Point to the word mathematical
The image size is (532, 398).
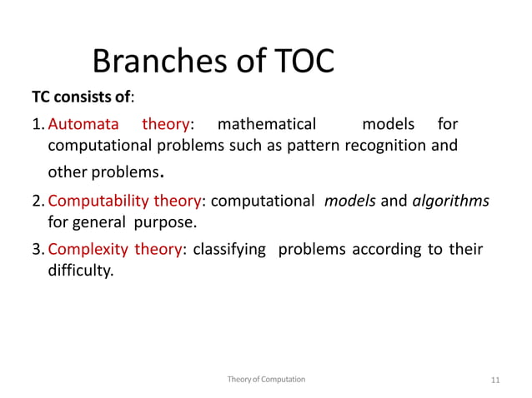[266, 124]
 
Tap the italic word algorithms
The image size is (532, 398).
[451, 201]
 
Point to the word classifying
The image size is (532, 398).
[228, 249]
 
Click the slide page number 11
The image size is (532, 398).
[495, 380]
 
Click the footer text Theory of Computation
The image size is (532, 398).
[266, 379]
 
